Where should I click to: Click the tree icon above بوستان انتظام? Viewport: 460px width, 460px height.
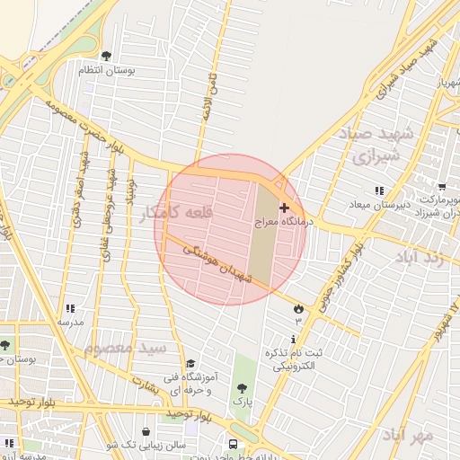107,57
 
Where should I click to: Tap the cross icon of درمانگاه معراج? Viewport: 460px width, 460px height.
285,208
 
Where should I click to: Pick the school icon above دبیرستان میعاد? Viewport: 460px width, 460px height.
380,190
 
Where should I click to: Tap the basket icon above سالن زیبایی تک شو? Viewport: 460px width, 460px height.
146,431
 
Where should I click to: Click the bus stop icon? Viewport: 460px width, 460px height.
234,443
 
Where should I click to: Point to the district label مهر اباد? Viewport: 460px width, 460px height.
407,435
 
